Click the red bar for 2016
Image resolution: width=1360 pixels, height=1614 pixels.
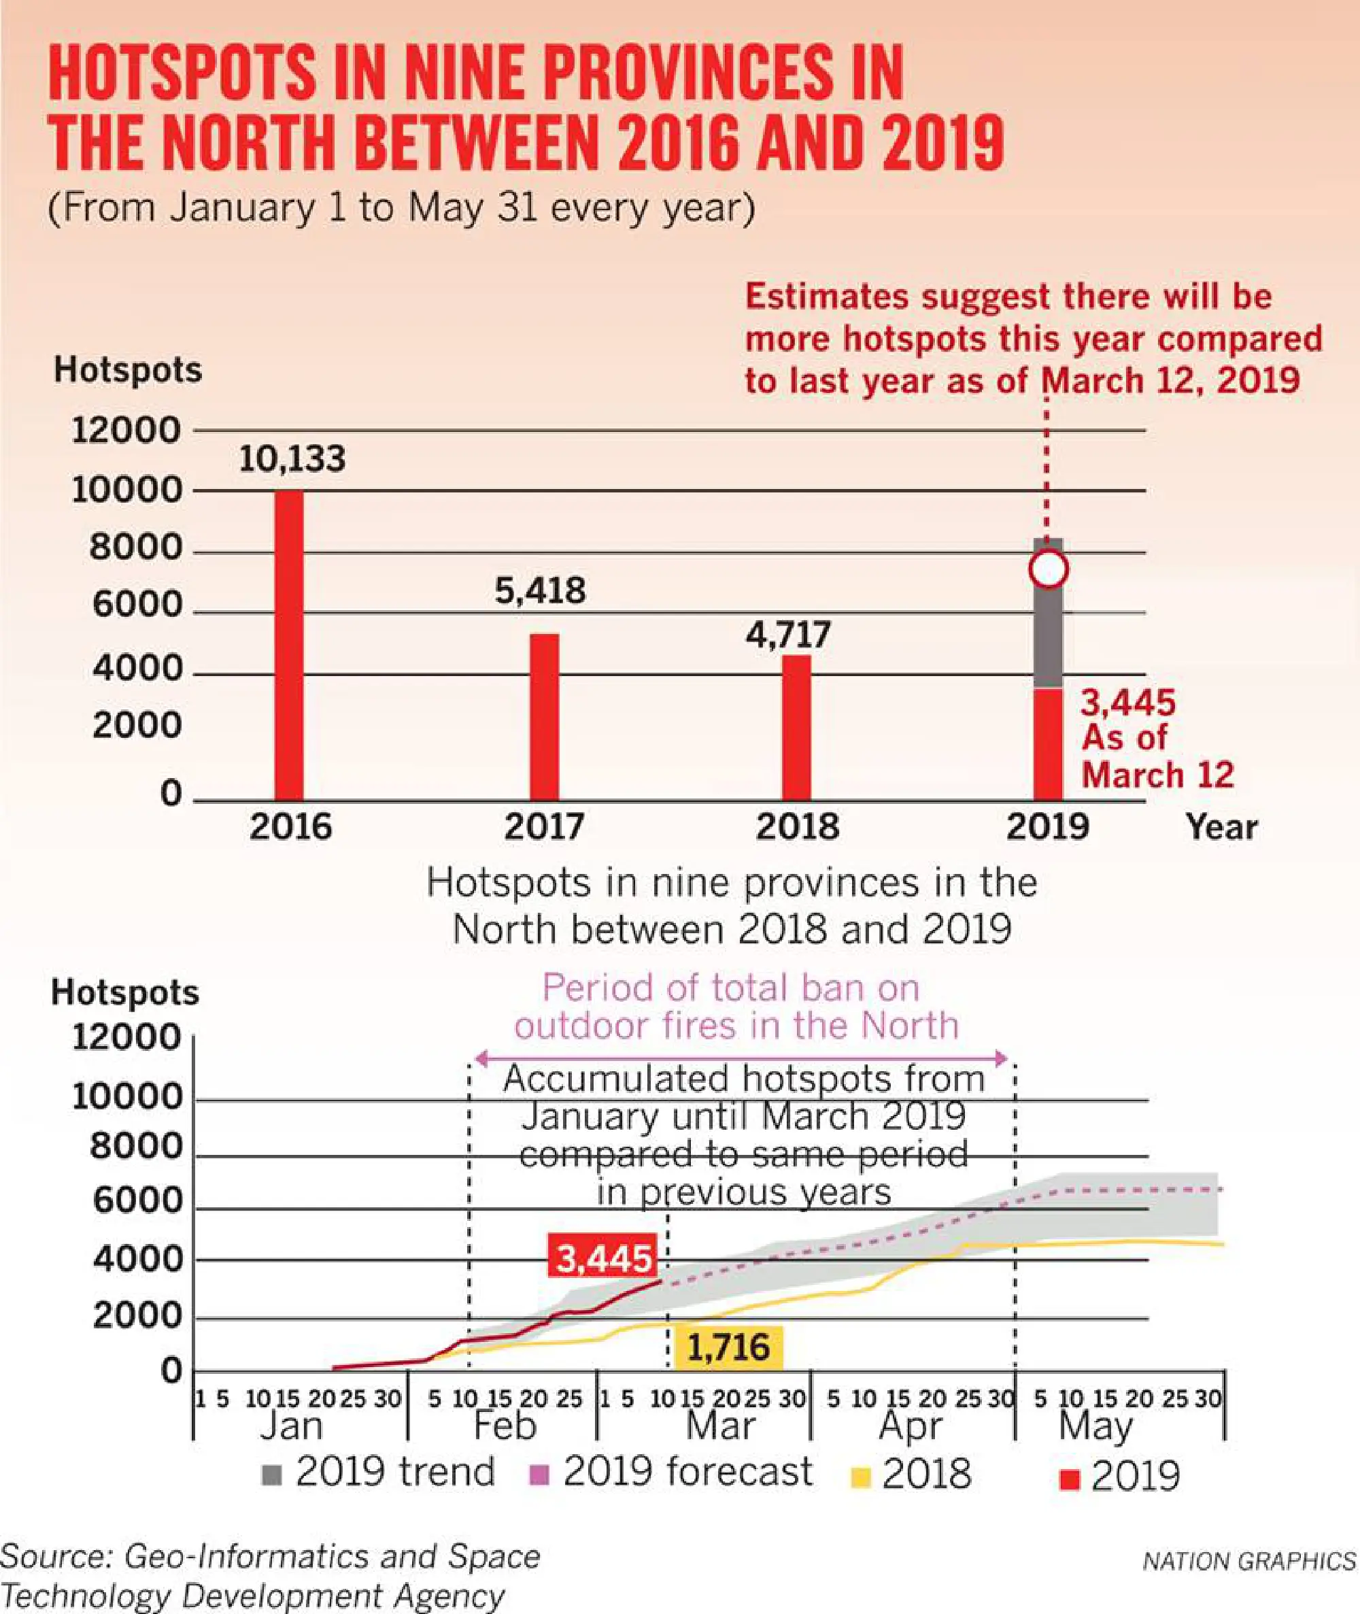pyautogui.click(x=289, y=645)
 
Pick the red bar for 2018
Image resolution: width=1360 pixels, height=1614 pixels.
pyautogui.click(x=796, y=727)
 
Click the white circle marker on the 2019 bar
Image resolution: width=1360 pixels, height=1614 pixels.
pyautogui.click(x=1048, y=570)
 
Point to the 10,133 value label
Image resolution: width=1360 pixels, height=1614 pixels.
pyautogui.click(x=292, y=459)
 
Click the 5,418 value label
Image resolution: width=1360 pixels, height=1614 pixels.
pyautogui.click(x=541, y=590)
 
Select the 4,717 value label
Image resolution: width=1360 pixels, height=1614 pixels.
pyautogui.click(x=788, y=635)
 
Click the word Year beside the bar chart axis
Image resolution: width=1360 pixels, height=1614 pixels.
pyautogui.click(x=1221, y=828)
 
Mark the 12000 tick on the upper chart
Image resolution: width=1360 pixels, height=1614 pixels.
pyautogui.click(x=126, y=431)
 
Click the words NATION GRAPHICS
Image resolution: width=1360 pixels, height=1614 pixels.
pyautogui.click(x=1249, y=1562)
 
